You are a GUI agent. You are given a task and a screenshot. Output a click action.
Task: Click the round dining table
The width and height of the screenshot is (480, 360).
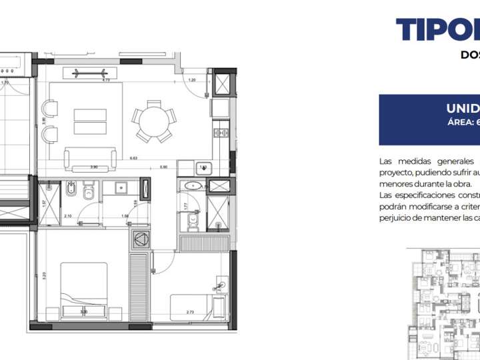[154, 121]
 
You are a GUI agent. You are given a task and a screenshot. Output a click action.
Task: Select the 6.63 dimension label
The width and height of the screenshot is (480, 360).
[133, 159]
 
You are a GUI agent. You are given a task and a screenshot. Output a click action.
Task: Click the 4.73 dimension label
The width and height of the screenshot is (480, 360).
[105, 80]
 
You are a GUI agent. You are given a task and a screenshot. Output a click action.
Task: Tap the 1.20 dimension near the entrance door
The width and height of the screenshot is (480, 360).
[192, 80]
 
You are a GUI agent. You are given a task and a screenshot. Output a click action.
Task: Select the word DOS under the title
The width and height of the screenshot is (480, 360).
[470, 55]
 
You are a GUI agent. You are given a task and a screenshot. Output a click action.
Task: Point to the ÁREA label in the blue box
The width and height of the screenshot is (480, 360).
[461, 122]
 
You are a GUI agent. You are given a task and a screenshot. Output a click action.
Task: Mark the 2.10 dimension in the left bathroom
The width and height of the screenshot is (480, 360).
[68, 216]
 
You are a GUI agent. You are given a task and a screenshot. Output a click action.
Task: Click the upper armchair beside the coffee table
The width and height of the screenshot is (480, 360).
[49, 107]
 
